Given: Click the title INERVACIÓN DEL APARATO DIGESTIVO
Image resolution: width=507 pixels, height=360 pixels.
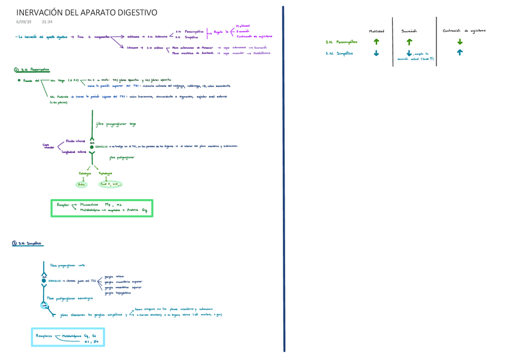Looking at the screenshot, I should coord(87,12).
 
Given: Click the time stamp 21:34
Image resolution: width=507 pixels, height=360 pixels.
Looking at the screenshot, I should coord(48,23).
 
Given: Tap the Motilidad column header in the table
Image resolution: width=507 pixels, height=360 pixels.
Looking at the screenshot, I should coord(376,30).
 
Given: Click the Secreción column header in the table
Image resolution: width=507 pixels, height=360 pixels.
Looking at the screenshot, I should coord(409,30).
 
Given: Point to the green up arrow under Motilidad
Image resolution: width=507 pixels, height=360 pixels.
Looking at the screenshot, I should coord(376,42).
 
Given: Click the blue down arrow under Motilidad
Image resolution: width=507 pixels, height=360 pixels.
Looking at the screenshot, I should coord(376,53).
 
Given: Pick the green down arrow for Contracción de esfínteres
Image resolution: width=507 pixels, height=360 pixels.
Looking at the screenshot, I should coord(460,42).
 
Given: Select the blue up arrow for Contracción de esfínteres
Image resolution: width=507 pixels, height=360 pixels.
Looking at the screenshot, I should coord(460,53).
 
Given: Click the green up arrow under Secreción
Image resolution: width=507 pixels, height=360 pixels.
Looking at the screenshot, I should coord(409,42).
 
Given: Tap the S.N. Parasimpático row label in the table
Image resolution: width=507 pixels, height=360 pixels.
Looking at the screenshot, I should coord(341,42).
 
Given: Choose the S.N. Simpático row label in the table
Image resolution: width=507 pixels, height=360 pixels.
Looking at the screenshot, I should coord(339,53).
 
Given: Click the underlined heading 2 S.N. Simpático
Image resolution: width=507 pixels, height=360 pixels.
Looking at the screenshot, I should coord(28,243).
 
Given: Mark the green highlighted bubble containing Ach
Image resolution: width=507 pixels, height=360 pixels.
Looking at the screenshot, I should coord(83,185).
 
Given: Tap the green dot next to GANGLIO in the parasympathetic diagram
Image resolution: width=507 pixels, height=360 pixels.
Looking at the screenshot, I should coord(92,147).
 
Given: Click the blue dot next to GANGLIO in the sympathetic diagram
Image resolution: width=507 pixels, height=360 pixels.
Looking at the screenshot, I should coord(44,280).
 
